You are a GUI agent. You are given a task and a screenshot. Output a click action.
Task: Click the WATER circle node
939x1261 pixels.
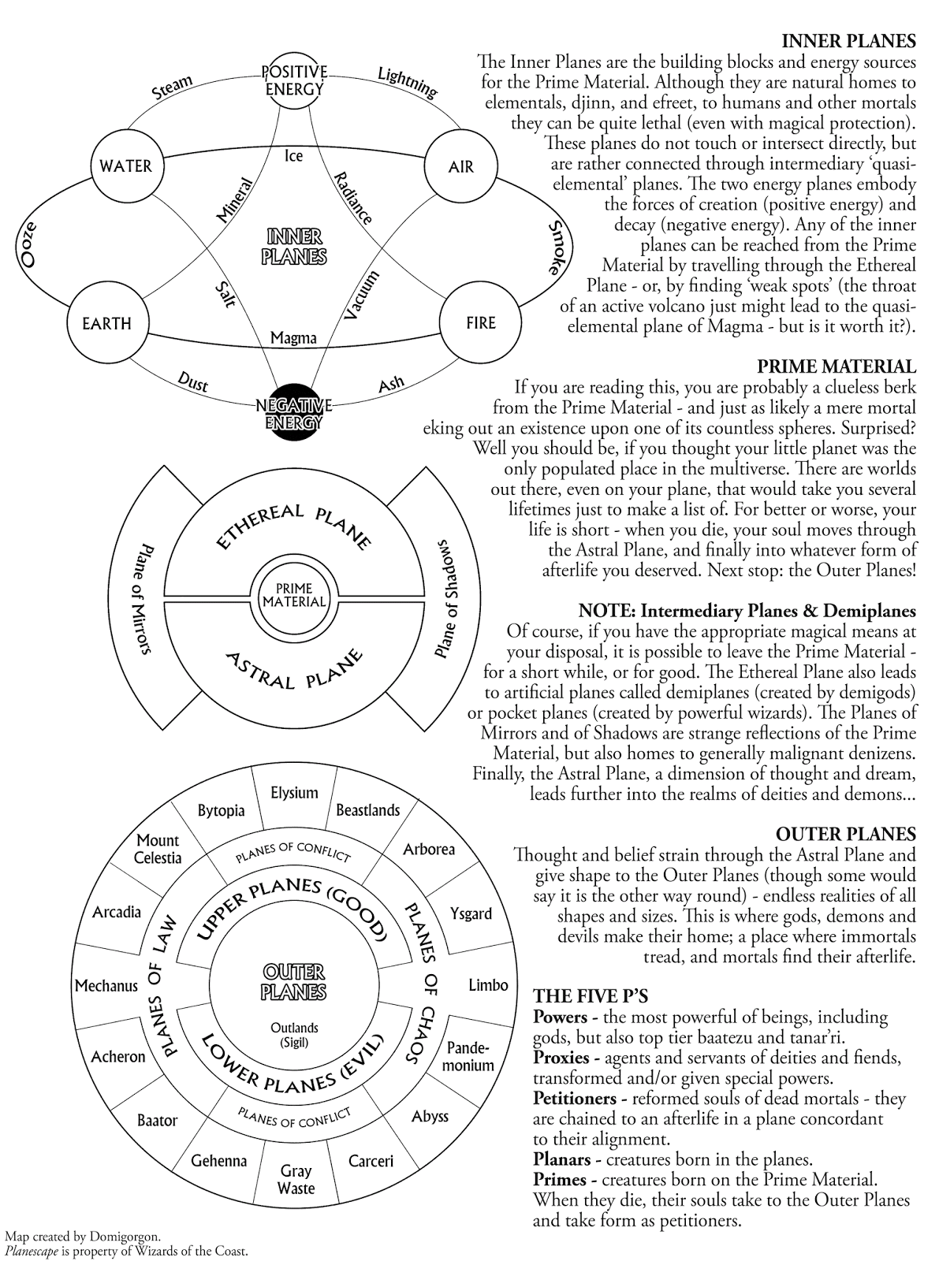(x=125, y=166)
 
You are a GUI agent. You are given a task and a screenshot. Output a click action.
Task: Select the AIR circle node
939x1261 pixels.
(x=460, y=166)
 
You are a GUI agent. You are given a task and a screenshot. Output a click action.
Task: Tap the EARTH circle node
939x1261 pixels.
(x=106, y=323)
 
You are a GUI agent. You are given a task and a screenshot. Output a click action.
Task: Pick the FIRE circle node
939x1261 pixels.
(x=480, y=323)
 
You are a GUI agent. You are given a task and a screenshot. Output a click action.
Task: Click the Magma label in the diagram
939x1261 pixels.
(x=293, y=338)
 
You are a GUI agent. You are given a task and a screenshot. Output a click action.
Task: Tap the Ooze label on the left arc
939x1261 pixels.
(x=29, y=245)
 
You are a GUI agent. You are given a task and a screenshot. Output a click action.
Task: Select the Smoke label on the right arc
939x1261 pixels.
(x=557, y=247)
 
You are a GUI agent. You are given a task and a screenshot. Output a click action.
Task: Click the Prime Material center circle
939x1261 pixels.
(x=293, y=595)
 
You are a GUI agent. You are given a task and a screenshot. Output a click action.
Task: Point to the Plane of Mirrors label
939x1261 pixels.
(x=144, y=599)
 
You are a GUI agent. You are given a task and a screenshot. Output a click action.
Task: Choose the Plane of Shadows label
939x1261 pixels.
(x=446, y=599)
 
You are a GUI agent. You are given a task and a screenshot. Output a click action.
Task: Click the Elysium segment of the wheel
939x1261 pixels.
(x=294, y=793)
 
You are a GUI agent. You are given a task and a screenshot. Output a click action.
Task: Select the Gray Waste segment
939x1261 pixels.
(x=296, y=1180)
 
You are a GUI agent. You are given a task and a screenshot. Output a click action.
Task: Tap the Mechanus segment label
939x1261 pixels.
(x=106, y=986)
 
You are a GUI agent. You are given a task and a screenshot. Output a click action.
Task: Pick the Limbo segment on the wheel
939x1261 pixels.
(x=488, y=986)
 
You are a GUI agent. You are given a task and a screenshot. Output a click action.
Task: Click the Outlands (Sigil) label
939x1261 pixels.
(x=294, y=1035)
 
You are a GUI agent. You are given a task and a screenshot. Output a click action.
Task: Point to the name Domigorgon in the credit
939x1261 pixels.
(x=124, y=1236)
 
